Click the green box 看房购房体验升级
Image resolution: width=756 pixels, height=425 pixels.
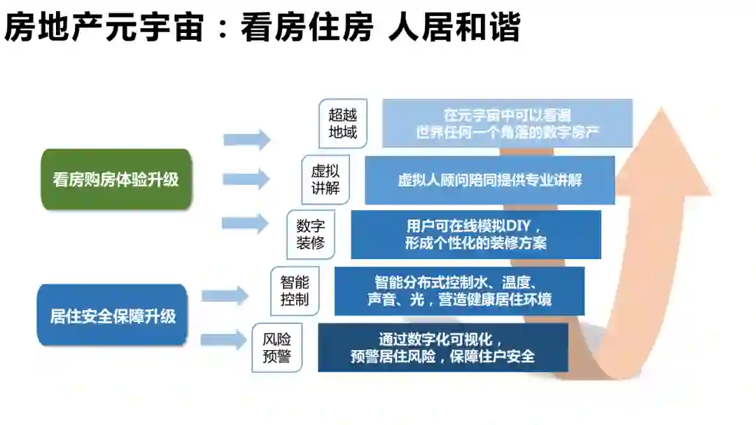point(115,179)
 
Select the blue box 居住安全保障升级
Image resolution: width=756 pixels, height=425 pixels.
point(112,316)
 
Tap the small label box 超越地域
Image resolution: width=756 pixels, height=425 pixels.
point(343,123)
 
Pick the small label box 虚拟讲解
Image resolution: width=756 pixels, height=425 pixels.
point(325,180)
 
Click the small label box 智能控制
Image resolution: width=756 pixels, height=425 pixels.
point(295,291)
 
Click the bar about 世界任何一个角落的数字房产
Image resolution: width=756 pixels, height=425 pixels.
point(507,123)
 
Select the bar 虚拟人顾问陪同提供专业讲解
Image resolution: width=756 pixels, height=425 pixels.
point(489,180)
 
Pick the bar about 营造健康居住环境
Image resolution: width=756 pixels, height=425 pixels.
point(459,291)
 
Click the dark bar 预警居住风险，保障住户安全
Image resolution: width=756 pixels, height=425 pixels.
point(442,347)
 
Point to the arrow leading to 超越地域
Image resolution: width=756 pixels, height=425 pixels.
point(247,139)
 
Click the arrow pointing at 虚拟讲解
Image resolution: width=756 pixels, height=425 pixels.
point(247,179)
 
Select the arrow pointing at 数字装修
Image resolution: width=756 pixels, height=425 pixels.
point(246,223)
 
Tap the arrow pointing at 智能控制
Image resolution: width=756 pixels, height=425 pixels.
point(225,295)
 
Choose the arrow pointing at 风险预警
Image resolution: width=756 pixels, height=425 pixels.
point(225,340)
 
